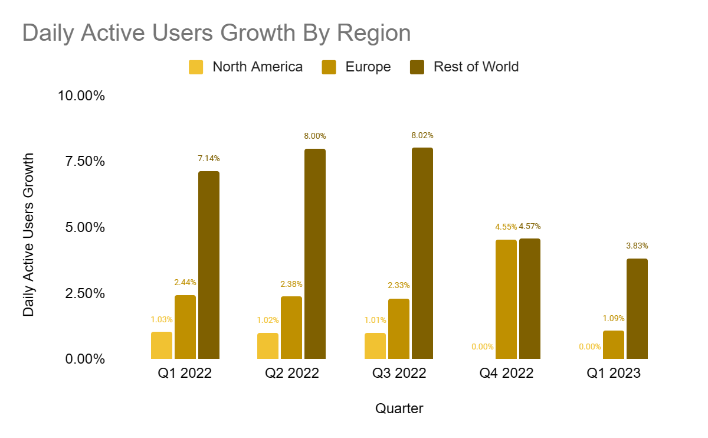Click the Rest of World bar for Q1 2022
point(209,265)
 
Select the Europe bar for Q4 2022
point(506,299)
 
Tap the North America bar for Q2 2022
point(268,346)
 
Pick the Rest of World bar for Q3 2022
point(422,253)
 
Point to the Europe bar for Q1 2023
point(614,345)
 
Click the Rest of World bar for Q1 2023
point(637,309)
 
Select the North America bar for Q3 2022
point(375,346)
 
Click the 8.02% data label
point(422,136)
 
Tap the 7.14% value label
point(209,158)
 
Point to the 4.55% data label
point(506,227)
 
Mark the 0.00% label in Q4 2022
point(483,347)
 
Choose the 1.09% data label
point(614,318)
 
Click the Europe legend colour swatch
point(329,67)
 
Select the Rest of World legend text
point(476,67)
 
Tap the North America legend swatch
point(196,67)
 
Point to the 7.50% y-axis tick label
point(82,161)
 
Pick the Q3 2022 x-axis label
point(399,373)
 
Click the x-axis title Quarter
point(399,408)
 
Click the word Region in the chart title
point(374,33)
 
